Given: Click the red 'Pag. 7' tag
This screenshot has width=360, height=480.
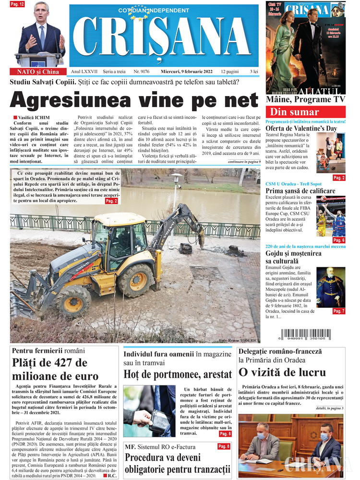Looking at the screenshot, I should click(338, 311).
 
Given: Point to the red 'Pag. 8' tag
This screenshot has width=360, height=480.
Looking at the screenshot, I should click(224, 446).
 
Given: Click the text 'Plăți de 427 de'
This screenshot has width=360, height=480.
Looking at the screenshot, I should click(49, 363).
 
